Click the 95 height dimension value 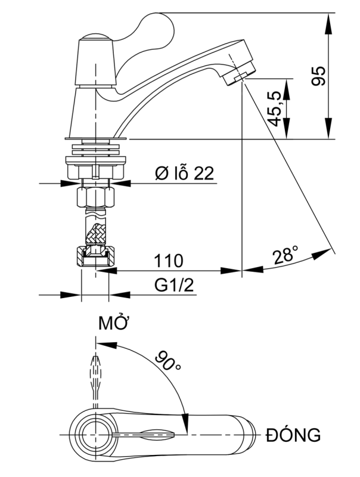tap(320, 76)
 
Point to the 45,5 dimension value tap(275, 108)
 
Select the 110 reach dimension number tap(169, 261)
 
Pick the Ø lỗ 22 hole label tap(184, 174)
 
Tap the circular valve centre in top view tap(95, 435)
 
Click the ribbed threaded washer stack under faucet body tap(95, 145)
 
